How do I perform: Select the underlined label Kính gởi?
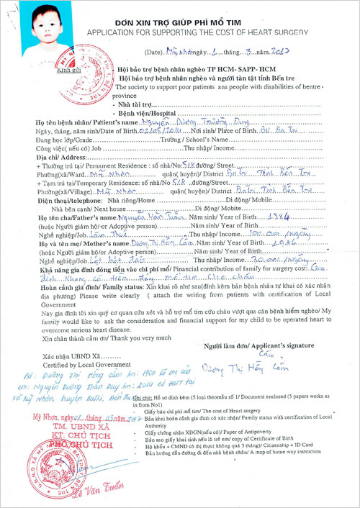click(x=50, y=71)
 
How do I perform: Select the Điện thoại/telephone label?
click(x=81, y=201)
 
